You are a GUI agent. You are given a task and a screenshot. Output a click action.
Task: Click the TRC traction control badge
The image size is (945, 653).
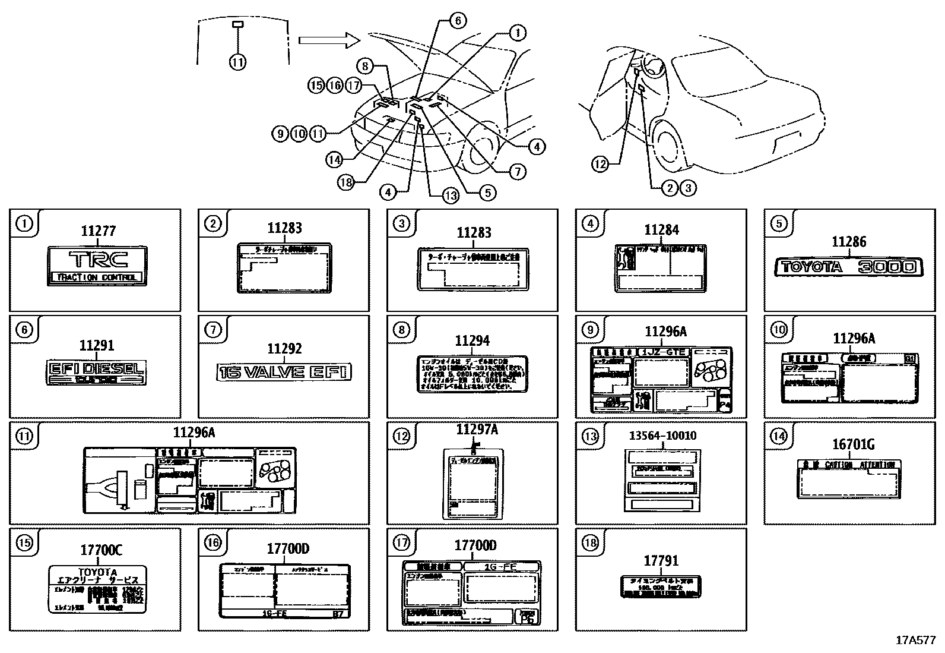click(98, 266)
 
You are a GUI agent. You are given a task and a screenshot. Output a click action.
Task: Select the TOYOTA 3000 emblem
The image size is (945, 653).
click(848, 267)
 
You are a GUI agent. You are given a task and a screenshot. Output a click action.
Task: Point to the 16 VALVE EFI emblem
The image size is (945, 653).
click(284, 372)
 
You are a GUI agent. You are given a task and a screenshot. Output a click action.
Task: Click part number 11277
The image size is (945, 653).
click(98, 231)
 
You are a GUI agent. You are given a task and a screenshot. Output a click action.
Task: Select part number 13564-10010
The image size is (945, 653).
click(662, 436)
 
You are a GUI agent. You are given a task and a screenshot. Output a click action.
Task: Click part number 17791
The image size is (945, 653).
click(661, 560)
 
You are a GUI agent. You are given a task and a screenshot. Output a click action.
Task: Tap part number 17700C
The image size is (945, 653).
click(101, 550)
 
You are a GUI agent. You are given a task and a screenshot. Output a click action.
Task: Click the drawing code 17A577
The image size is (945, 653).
click(915, 640)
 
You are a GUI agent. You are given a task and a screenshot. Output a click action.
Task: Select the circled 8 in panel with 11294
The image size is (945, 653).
click(401, 330)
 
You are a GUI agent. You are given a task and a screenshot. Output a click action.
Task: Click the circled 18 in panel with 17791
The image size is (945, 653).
click(589, 542)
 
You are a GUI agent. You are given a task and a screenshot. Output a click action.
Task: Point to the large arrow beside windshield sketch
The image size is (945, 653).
click(328, 40)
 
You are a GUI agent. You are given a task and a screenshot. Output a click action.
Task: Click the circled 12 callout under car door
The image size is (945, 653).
click(601, 164)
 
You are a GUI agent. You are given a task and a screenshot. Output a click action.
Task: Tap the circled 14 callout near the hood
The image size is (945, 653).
click(334, 159)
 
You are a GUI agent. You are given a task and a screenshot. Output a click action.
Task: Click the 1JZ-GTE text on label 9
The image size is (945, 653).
click(664, 352)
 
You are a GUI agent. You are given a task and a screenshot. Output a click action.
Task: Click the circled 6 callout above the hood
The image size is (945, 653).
click(457, 20)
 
